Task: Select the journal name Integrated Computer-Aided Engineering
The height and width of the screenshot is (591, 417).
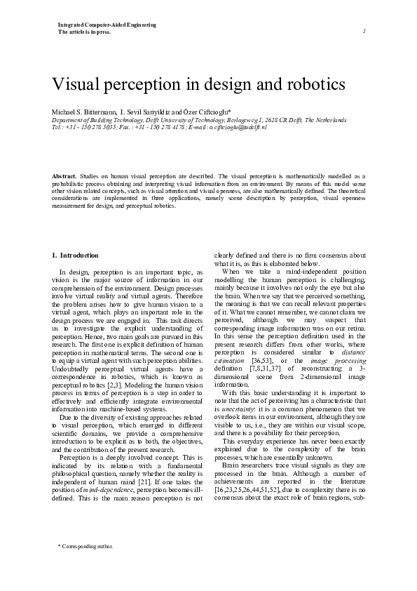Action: pos(107,25)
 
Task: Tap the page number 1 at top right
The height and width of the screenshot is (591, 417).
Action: pos(365,32)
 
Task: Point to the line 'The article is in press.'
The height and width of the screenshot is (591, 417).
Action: pos(84,33)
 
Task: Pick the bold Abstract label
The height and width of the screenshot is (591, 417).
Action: pos(64,175)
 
